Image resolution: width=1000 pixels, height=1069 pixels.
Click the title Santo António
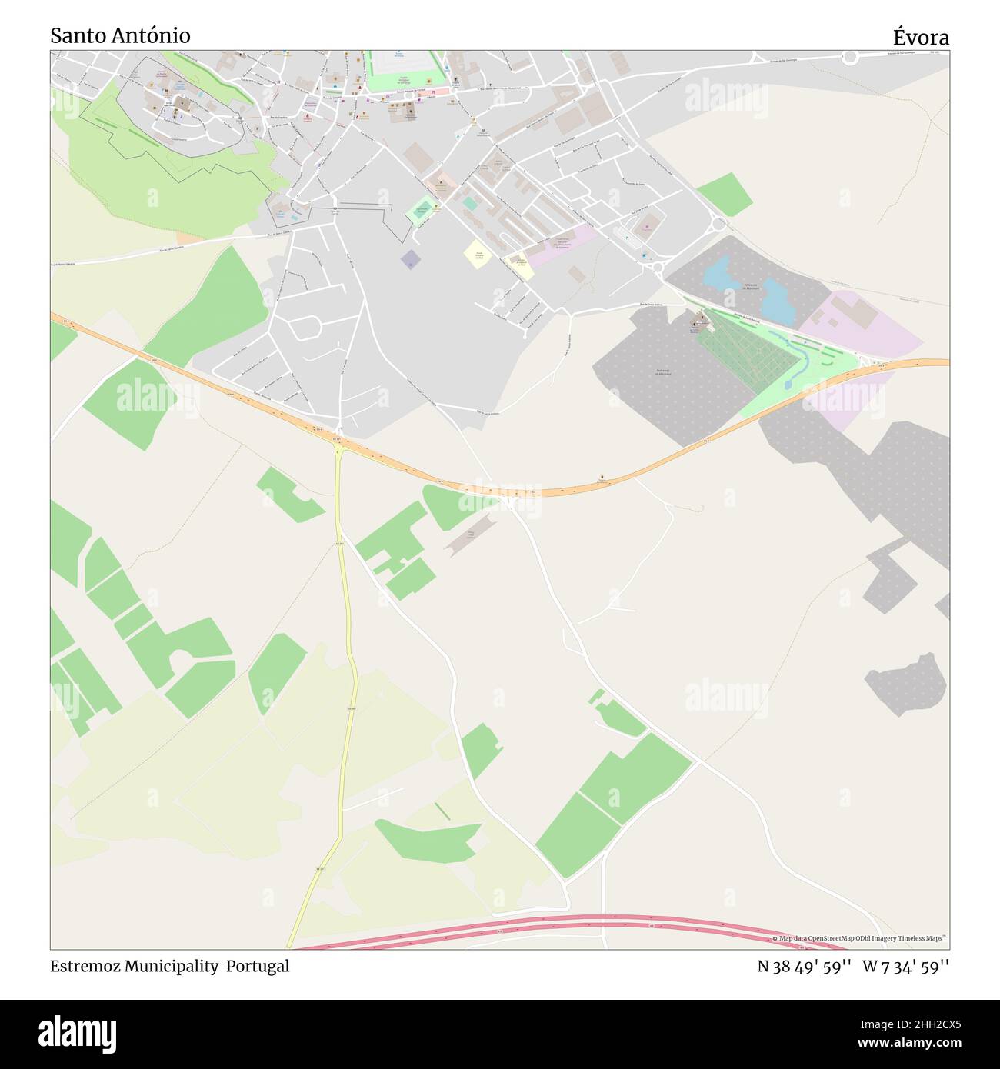coord(121,35)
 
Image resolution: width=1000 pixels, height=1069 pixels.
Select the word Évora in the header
coord(921,37)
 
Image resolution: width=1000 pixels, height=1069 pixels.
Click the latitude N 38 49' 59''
coord(804,966)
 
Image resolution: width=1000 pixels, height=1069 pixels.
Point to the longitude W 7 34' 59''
coord(905,966)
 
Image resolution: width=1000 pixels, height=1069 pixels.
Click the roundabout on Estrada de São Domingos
coord(850,56)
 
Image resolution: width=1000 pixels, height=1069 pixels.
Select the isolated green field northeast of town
coord(725,194)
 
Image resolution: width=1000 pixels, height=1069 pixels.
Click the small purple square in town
coord(411,259)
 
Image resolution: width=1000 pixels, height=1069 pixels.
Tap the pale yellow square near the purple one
coord(478,254)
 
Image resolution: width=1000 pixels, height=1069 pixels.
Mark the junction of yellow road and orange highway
coord(337,441)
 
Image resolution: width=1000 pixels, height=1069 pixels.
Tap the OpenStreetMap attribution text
coord(862,939)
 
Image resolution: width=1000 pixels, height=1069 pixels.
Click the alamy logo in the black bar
coord(78,1032)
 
